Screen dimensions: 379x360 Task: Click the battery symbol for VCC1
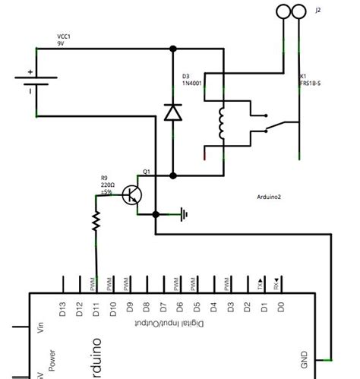tap(36, 82)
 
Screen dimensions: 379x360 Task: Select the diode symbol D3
tap(173, 112)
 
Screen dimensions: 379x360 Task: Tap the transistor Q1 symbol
tap(134, 194)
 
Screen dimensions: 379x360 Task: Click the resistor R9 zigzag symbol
tap(96, 221)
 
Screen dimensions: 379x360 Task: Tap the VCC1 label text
tap(65, 36)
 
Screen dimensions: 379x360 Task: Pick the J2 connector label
tap(317, 11)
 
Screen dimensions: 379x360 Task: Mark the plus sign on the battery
tap(30, 73)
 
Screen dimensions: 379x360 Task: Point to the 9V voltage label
tap(62, 43)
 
